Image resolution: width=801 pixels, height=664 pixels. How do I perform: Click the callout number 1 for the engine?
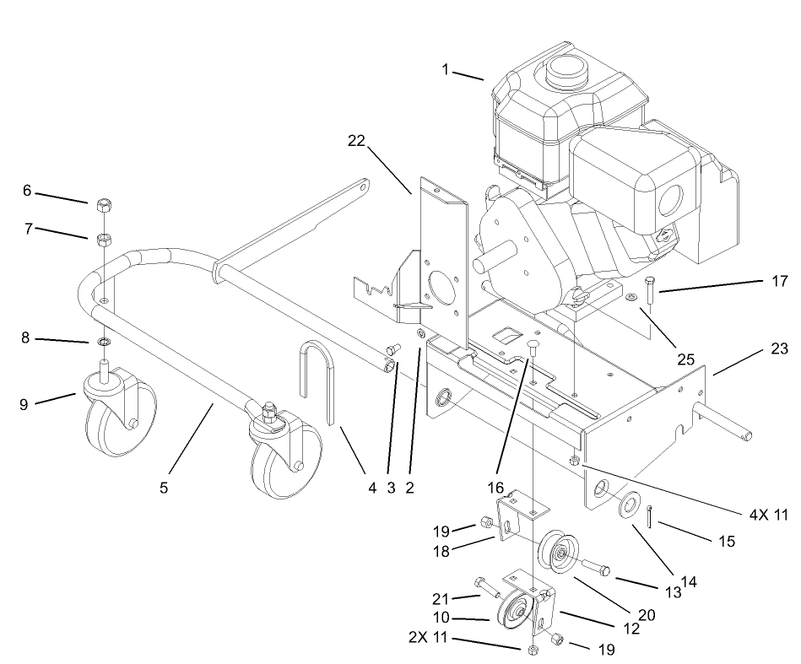point(446,69)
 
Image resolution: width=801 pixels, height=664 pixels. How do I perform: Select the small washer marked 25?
point(632,298)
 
